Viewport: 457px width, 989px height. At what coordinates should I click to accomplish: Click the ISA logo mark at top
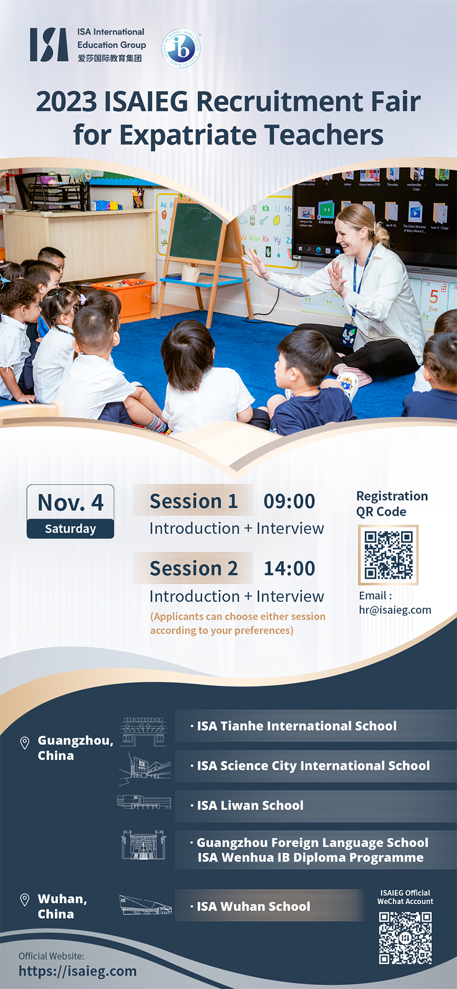click(49, 45)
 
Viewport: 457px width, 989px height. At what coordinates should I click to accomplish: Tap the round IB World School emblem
click(181, 48)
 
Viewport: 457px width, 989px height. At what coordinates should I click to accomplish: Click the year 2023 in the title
click(66, 102)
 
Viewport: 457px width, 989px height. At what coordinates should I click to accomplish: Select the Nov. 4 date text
click(70, 502)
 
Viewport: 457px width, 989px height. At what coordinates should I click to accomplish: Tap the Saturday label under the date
click(70, 529)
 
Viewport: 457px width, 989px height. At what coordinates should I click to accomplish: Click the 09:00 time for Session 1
click(289, 501)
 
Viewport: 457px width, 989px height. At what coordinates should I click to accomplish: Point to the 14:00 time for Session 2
click(289, 569)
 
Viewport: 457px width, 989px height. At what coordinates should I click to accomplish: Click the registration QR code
click(388, 555)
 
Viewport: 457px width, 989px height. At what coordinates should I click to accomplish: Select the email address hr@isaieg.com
click(395, 610)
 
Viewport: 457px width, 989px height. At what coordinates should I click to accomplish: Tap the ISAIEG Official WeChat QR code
click(405, 938)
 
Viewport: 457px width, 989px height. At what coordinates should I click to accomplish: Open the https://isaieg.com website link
click(78, 971)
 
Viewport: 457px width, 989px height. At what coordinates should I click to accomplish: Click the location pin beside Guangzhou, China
click(25, 742)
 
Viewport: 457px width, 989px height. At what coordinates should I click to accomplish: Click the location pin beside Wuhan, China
click(25, 900)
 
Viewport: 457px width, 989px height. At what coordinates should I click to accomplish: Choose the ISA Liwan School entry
click(250, 806)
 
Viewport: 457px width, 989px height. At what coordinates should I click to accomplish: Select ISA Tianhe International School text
click(296, 726)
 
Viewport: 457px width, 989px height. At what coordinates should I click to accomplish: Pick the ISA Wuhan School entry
click(254, 906)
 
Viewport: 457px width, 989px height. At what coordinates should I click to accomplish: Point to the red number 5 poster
click(434, 297)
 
